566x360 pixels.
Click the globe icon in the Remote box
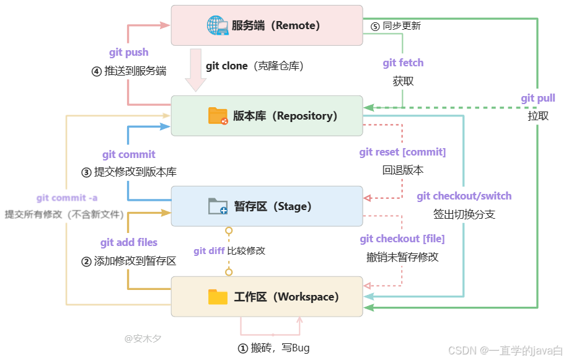click(x=217, y=25)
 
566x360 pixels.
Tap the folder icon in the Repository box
click(x=218, y=116)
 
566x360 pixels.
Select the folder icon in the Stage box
click(x=218, y=206)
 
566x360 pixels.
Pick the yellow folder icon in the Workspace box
click(x=218, y=297)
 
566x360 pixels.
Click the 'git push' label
click(x=128, y=53)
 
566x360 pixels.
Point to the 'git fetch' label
click(x=403, y=63)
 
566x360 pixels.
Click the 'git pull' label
click(x=538, y=98)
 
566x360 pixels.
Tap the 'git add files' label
click(x=129, y=242)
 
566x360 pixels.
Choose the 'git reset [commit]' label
click(x=402, y=152)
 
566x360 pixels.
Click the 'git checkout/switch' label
click(x=464, y=196)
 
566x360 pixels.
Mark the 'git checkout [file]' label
click(x=402, y=239)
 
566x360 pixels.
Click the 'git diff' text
click(x=208, y=251)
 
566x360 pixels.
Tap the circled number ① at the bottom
click(x=242, y=348)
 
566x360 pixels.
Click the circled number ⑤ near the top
click(x=375, y=26)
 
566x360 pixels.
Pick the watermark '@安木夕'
click(x=143, y=339)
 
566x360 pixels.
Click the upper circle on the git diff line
click(x=229, y=231)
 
